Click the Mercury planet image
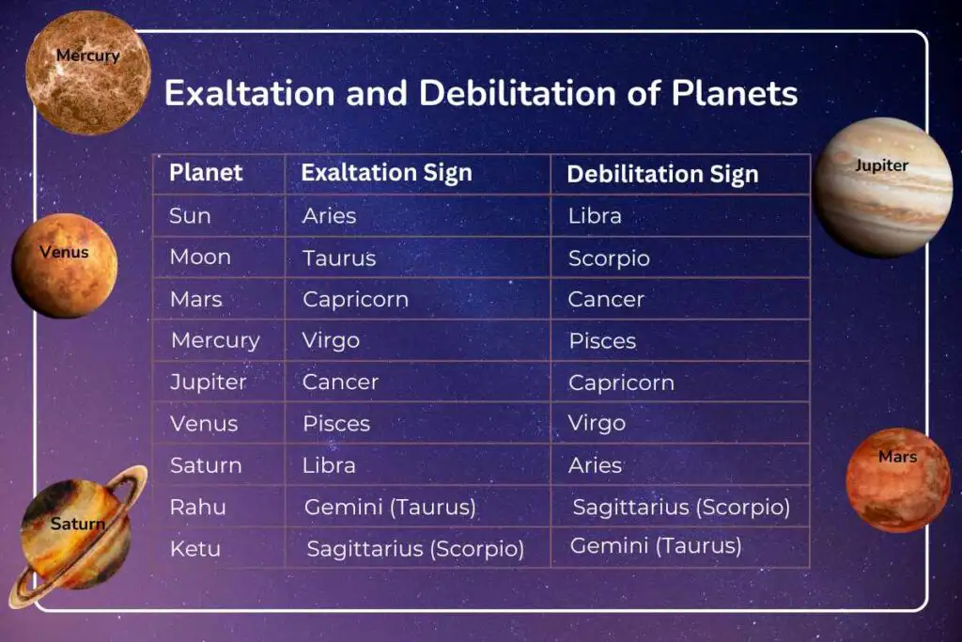[x=87, y=72]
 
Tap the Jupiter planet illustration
[x=882, y=187]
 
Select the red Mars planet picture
[x=898, y=480]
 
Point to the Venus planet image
[x=65, y=266]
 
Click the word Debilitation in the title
[x=517, y=93]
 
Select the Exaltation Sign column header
[x=386, y=173]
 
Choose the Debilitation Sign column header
[x=662, y=174]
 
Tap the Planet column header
[x=206, y=172]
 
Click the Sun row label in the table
[x=190, y=216]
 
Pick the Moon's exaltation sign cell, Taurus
[x=339, y=258]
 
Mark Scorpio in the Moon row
[x=609, y=258]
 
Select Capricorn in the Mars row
[x=355, y=300]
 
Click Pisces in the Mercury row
[x=602, y=341]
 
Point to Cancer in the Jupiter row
[x=340, y=383]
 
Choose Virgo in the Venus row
[x=597, y=424]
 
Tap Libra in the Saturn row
[x=329, y=465]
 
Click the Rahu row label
[x=197, y=507]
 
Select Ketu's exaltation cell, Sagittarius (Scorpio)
[x=415, y=549]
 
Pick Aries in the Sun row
[x=330, y=216]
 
